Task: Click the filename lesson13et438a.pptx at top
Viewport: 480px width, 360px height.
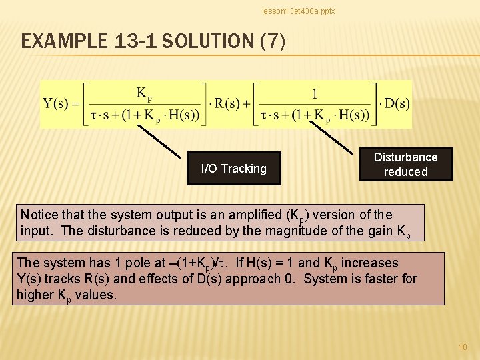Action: [x=298, y=11]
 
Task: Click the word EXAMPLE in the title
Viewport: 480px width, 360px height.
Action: [x=61, y=42]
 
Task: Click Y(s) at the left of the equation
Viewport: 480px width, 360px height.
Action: [x=57, y=103]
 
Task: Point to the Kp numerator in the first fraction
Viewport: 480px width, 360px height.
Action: [x=144, y=93]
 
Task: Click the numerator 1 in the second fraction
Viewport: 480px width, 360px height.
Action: [x=315, y=93]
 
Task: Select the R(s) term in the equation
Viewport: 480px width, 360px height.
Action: [x=225, y=103]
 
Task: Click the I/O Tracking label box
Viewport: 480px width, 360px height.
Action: [x=233, y=169]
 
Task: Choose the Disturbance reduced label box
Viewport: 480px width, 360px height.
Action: [x=405, y=165]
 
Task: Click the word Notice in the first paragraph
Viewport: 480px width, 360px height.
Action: [x=39, y=215]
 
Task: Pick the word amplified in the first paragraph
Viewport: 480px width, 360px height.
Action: [x=244, y=215]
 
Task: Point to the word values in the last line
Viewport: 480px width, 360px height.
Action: [x=97, y=295]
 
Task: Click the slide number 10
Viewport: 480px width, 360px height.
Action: [x=463, y=347]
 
